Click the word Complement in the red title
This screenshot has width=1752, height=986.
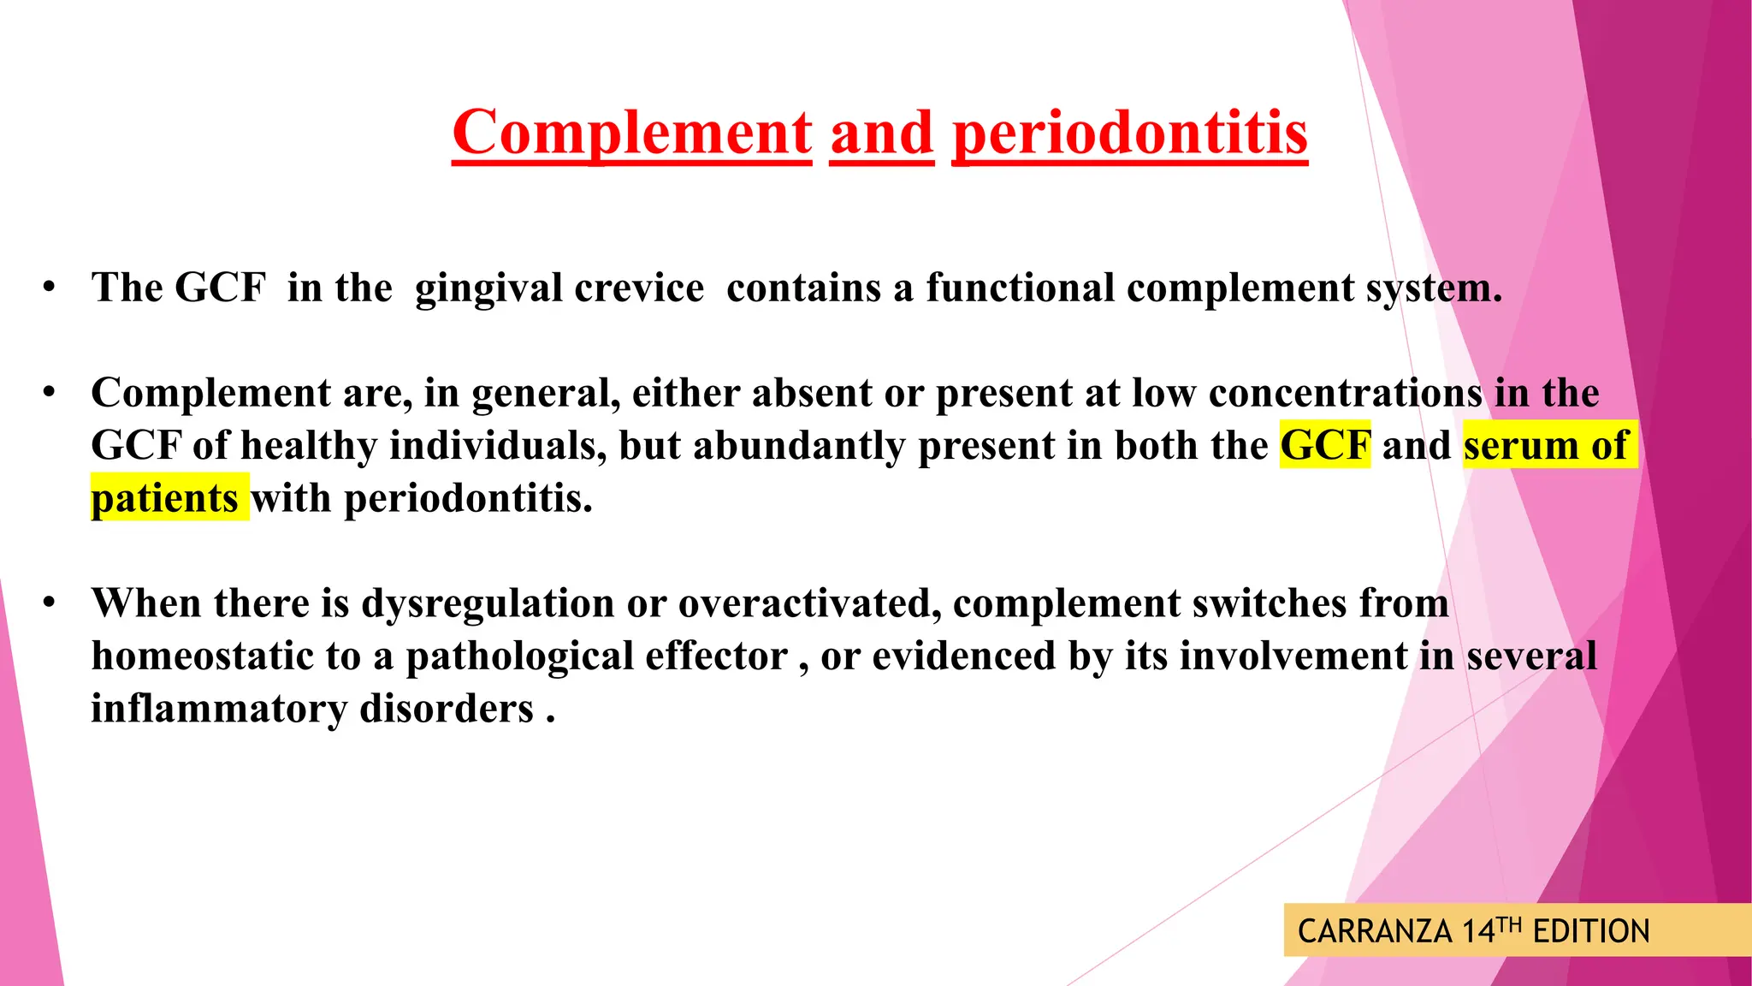[x=631, y=134]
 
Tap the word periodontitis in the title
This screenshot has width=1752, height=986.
[x=1129, y=134]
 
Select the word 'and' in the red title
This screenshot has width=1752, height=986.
[x=881, y=134]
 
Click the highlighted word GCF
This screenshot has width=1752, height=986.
[x=1324, y=445]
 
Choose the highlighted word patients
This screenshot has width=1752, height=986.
[x=165, y=498]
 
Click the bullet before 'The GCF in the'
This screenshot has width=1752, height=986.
[x=50, y=287]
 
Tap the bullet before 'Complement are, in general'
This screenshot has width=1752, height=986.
[x=50, y=393]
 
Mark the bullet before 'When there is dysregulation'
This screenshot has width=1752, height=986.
[x=50, y=603]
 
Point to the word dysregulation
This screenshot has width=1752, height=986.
[x=488, y=604]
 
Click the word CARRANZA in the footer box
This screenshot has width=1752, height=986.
[x=1375, y=931]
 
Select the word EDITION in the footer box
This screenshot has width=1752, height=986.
[x=1591, y=931]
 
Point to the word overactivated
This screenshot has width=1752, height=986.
[x=804, y=603]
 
